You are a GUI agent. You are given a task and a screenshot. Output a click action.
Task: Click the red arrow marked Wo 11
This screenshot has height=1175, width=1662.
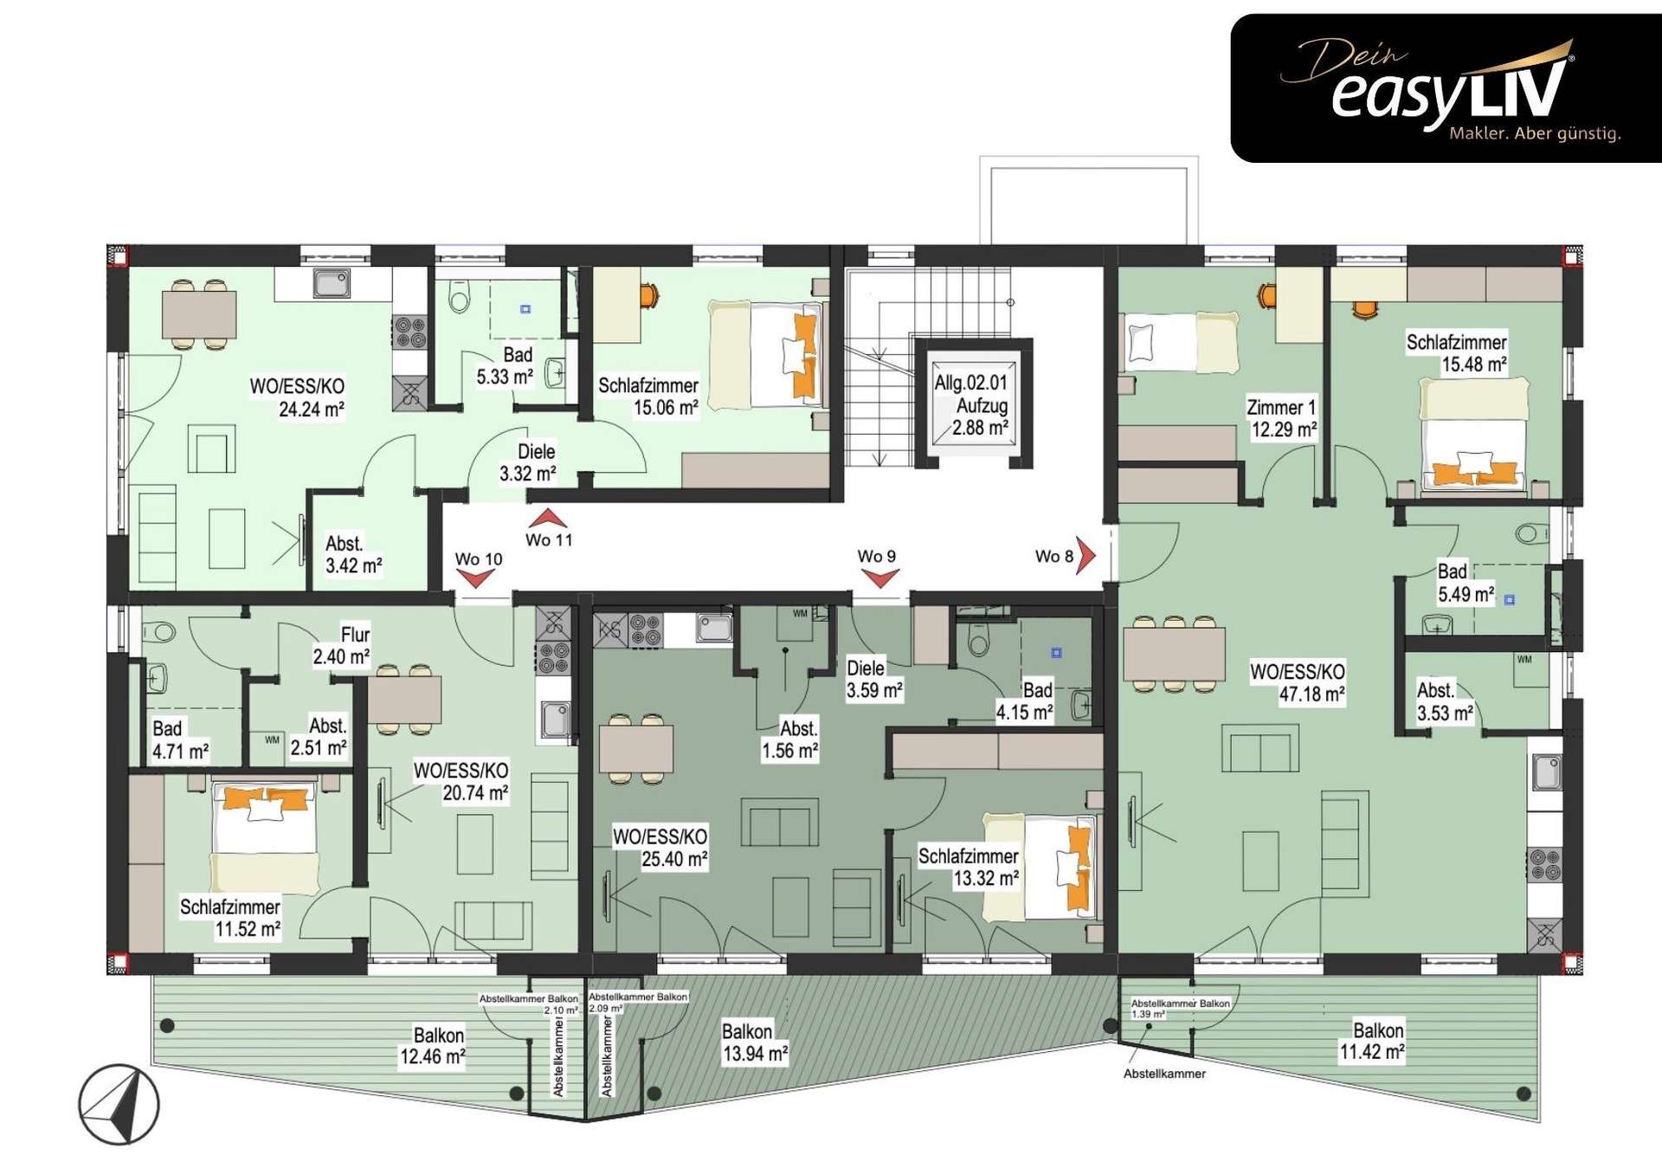548,520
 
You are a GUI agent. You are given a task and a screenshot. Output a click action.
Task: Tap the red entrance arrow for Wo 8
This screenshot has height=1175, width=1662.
1086,555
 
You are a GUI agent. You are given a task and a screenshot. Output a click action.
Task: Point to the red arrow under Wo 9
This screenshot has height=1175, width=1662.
879,578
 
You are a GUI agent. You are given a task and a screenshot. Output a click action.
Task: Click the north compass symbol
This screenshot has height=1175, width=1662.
119,1105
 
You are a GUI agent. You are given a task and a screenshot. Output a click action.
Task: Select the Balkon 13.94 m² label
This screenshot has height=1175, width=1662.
755,1043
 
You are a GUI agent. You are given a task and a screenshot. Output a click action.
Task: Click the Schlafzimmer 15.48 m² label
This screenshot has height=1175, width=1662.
1456,353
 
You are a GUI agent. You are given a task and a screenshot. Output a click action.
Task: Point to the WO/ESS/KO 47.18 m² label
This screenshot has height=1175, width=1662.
1298,682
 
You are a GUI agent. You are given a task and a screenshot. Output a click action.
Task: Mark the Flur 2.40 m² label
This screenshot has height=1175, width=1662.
342,645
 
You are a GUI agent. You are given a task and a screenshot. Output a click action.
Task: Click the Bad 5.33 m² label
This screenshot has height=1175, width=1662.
505,365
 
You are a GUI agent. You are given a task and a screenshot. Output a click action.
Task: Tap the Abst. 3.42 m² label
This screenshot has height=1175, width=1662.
353,554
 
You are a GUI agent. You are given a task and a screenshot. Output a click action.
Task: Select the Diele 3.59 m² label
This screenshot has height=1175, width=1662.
874,679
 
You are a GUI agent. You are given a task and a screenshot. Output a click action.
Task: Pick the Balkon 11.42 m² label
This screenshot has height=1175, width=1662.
1372,1041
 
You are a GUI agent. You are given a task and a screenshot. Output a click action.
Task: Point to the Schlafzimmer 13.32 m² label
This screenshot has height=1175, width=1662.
969,867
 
